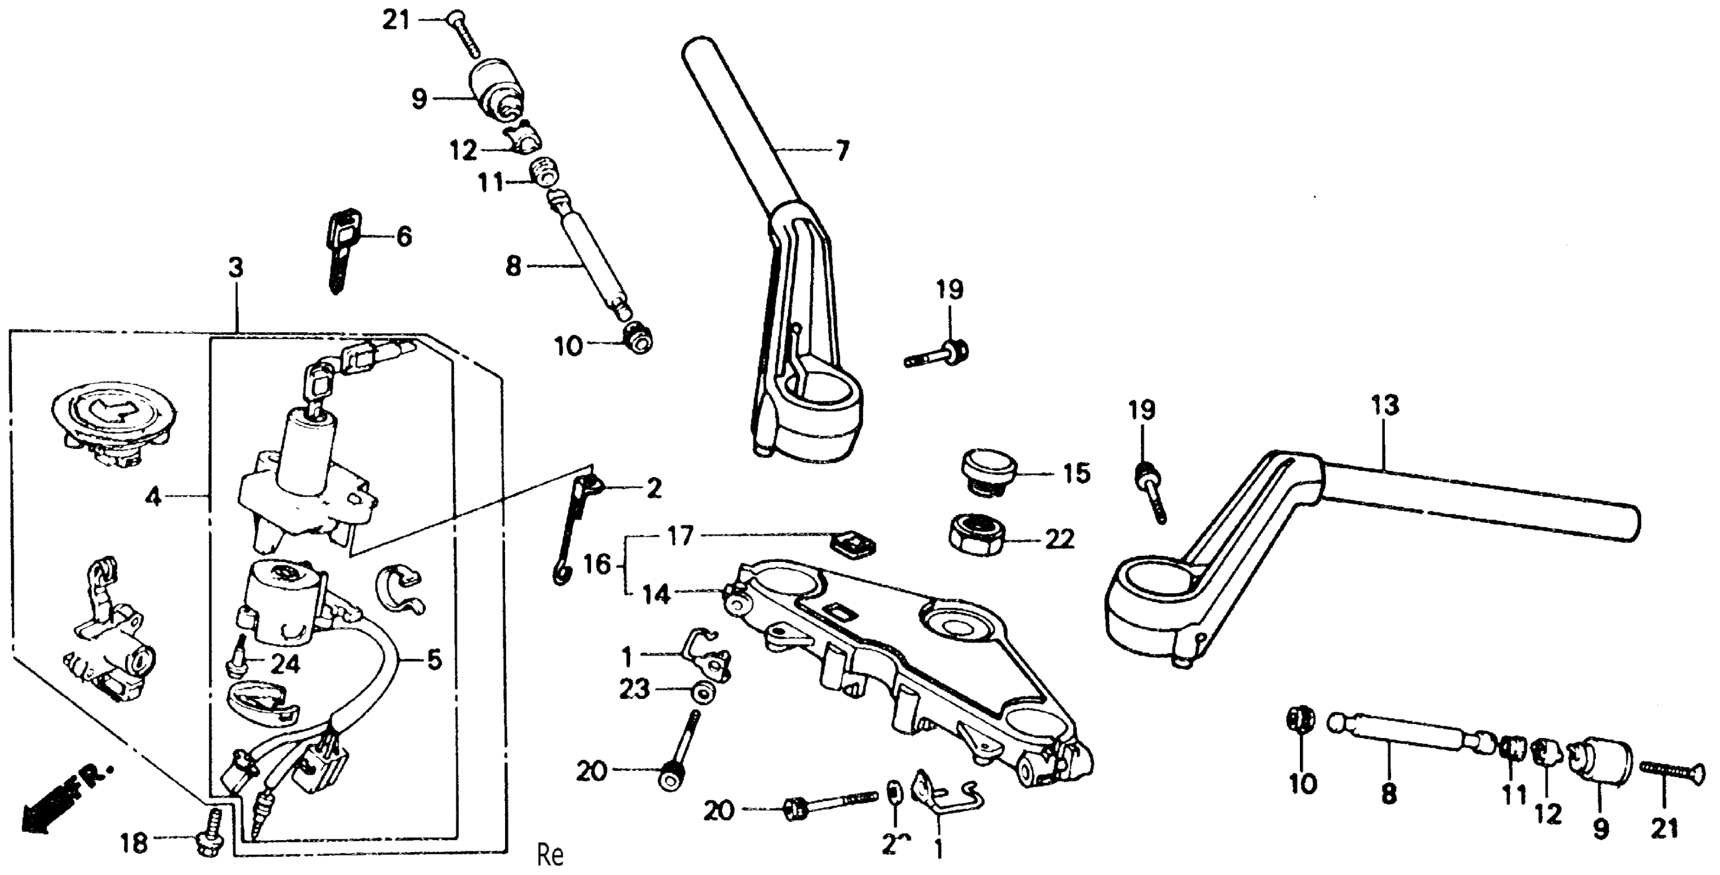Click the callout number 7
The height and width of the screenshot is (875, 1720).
843,151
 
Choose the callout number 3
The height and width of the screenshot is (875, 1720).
236,268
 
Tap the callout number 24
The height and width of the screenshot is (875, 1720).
285,664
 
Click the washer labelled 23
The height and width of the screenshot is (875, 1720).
702,692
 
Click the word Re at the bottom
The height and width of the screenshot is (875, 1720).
551,855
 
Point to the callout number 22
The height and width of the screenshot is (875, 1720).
1059,538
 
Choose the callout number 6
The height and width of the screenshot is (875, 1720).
404,236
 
